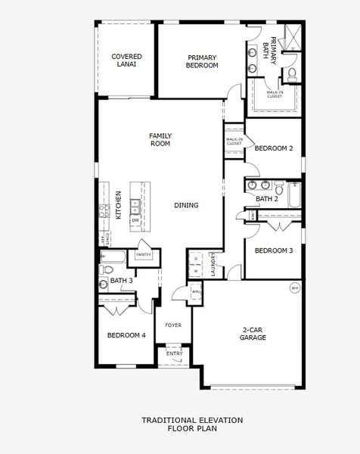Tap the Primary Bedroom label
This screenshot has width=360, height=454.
(x=203, y=61)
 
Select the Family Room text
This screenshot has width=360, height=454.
(x=160, y=139)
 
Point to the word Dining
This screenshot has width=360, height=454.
(x=186, y=205)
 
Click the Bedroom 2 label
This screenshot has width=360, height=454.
(x=273, y=148)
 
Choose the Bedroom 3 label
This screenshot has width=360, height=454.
(x=273, y=250)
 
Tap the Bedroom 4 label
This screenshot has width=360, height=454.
(x=126, y=335)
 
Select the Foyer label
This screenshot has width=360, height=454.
(x=174, y=327)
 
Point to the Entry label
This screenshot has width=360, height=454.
(x=174, y=353)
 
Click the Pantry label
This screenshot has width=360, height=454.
(x=144, y=255)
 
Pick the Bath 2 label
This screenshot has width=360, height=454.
(x=267, y=199)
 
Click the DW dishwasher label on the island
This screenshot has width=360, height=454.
(x=135, y=220)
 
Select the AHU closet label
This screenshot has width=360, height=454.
(x=196, y=291)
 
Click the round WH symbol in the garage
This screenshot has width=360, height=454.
(x=294, y=288)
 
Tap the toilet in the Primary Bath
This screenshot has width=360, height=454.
(x=292, y=73)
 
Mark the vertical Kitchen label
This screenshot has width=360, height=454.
(x=118, y=205)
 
